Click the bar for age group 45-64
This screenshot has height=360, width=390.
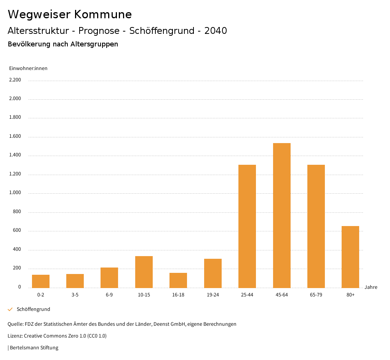coord(282,215)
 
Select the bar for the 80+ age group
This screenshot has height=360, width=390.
coord(350,257)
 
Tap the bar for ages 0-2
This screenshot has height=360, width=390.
coord(41,281)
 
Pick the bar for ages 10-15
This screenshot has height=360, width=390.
coord(144,272)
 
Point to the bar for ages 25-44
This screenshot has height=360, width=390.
coord(247,226)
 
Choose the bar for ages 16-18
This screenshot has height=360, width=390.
coord(178,280)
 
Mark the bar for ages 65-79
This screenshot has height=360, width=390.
coord(316,226)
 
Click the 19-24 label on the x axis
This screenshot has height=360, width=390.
coord(213,295)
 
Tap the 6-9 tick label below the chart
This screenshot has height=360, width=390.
coord(109,295)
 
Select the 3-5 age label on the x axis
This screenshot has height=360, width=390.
coord(75,295)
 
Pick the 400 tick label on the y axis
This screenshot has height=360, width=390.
coord(17,250)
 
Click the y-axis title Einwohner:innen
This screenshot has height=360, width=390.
coord(28,68)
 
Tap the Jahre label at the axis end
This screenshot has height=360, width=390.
coord(371,287)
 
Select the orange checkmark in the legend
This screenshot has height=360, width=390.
coord(10,309)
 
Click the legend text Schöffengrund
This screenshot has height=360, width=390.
coord(34,309)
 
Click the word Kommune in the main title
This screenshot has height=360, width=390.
coord(103,14)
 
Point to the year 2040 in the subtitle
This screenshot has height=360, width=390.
coord(216,31)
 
